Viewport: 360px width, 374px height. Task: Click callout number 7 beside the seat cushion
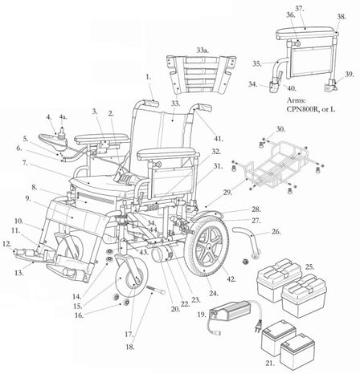pyautogui.click(x=27, y=163)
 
